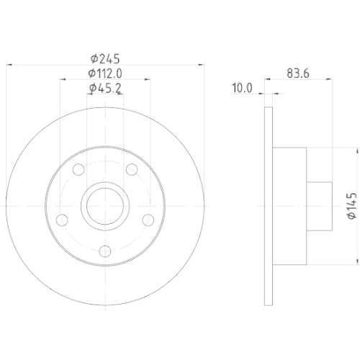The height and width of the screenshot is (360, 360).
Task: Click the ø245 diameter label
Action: coord(105,59)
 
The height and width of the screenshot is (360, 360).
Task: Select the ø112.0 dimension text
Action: coord(105,73)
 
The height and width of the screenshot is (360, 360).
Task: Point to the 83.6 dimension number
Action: coord(298,73)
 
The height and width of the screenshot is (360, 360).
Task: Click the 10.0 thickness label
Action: coord(242,88)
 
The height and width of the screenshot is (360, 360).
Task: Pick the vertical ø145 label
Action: coord(351,206)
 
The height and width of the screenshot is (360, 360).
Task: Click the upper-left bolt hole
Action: coord(78,169)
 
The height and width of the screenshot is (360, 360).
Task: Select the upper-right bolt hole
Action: coord(132,169)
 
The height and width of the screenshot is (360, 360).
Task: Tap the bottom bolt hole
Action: coord(105,251)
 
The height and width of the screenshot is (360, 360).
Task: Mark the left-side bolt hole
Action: coord(62,220)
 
